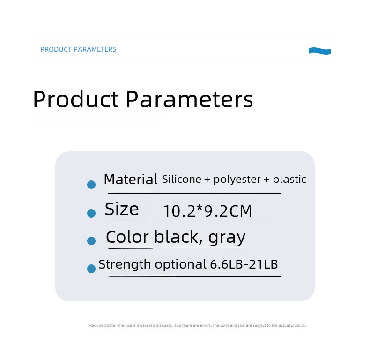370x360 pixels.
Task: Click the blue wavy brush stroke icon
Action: pos(320,51)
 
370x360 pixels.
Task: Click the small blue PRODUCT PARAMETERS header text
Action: pos(78,49)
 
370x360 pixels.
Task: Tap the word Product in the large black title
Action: pos(76,99)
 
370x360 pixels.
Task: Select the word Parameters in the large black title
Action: pos(190,99)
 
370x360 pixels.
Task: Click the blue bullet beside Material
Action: pos(91,185)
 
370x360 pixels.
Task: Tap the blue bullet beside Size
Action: pos(91,213)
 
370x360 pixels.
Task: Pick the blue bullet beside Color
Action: pos(91,241)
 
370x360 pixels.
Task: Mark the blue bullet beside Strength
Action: pos(91,269)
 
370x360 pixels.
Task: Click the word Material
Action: pos(131,179)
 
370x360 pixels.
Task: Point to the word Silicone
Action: pos(181,179)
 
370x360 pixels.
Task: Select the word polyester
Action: pos(237,180)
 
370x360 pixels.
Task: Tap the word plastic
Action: pos(289,179)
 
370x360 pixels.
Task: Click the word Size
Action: pos(122,209)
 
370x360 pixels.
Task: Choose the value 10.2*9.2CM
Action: pos(207,211)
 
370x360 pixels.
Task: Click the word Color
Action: pos(127,237)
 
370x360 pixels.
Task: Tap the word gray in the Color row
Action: pos(227,238)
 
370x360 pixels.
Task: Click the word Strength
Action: pos(125,264)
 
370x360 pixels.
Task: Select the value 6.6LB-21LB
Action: pos(244,264)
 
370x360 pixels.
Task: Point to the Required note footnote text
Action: pos(198,325)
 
